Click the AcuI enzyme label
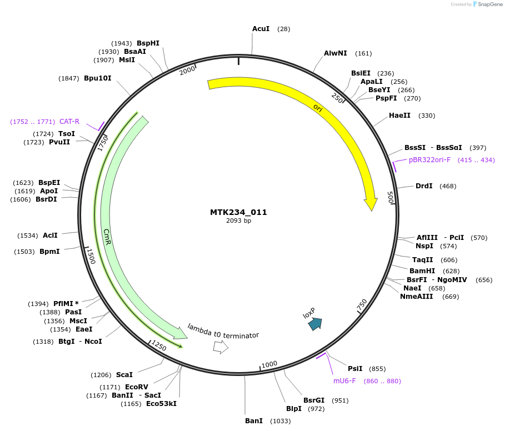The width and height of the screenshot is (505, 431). pos(261,28)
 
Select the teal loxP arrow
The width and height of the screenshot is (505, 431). pos(315,324)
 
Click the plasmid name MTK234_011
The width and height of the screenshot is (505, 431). pos(238,212)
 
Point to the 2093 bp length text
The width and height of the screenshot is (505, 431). pos(238,220)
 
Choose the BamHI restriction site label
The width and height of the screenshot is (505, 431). pos(422,270)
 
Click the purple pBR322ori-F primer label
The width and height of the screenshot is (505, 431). pos(429,160)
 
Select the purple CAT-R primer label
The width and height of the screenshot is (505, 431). pos(69,121)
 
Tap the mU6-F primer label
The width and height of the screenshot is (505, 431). pos(344,380)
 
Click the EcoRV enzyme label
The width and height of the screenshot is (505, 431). pos(137,387)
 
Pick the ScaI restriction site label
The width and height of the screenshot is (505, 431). pos(124,375)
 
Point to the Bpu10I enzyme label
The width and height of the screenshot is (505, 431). pos(98,78)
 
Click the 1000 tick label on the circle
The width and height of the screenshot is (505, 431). pos(269,364)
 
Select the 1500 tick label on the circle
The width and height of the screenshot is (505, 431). pos(91,256)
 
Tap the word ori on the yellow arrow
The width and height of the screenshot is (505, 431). pos(318,108)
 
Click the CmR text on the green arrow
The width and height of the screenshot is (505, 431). pos(107,237)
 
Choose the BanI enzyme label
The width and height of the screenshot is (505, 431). pos(254,420)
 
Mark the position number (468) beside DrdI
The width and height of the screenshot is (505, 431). pos(448,186)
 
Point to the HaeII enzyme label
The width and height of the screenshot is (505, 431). pos(399,116)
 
